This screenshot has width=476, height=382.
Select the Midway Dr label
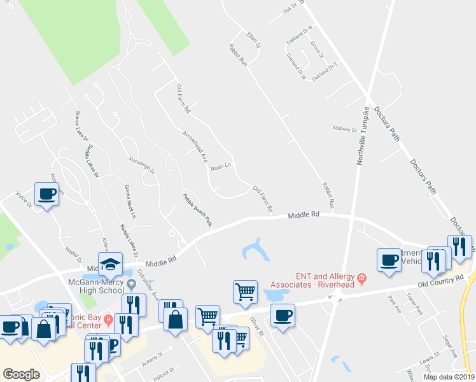point(346,129)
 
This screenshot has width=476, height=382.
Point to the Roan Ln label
point(220,166)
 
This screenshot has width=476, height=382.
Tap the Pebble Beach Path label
point(197,209)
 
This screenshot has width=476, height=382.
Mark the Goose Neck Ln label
point(130,202)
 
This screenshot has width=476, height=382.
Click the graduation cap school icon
point(110,264)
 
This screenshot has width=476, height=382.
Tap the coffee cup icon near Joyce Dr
point(46,193)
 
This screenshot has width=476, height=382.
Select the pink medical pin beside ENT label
point(361,278)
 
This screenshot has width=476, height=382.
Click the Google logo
point(21,374)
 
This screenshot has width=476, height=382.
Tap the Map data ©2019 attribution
point(449,377)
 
